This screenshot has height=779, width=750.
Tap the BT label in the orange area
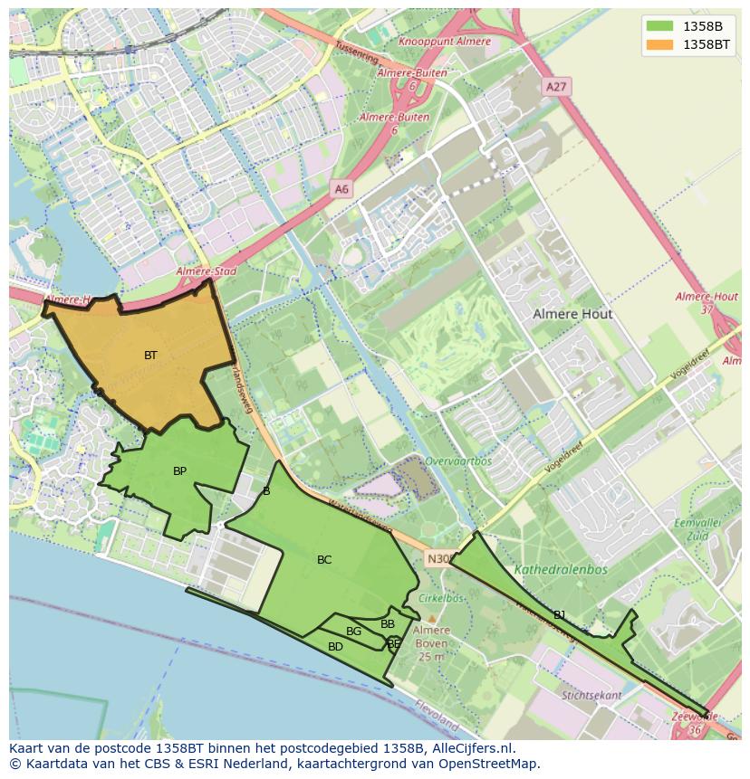coord(150,356)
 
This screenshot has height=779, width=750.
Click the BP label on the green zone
coord(179,471)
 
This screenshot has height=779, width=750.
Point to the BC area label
coord(324,560)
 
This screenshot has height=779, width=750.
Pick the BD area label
coord(335,647)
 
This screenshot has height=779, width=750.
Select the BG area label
coord(353,632)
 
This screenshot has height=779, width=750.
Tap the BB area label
coord(388,624)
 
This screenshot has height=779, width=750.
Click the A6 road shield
coord(341,189)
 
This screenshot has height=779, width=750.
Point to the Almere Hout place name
coord(572,314)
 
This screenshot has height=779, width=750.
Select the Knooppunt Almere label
coord(445,42)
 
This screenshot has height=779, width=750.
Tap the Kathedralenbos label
coord(561,570)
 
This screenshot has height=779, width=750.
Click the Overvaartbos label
coord(458,461)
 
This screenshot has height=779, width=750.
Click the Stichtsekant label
coord(591,696)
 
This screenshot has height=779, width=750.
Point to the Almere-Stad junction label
coord(206,271)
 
